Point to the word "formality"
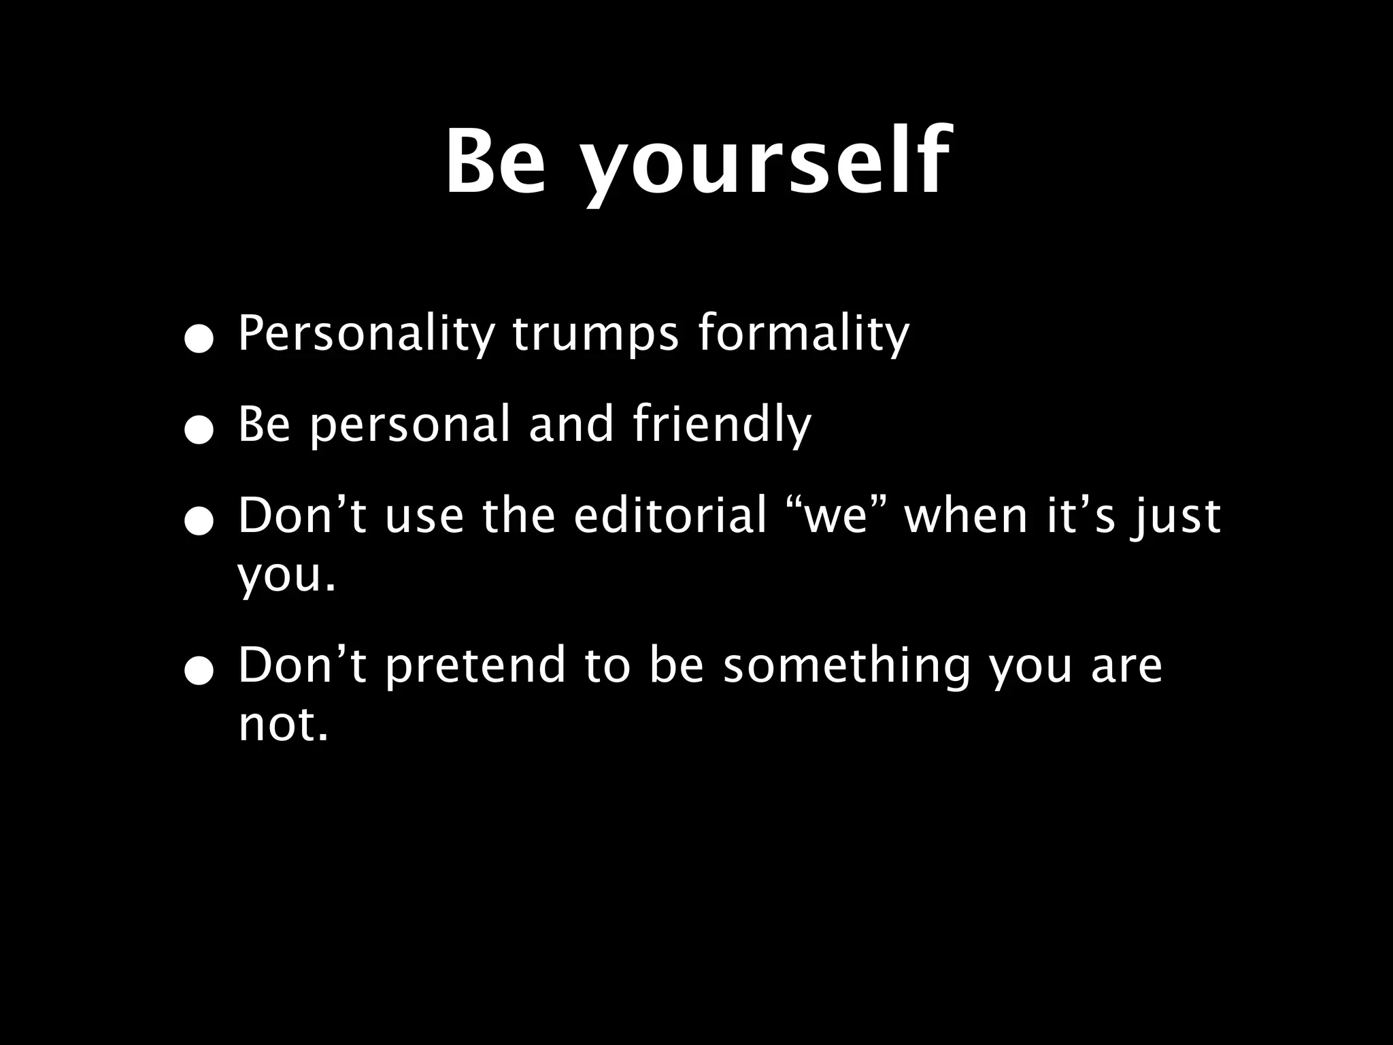tap(803, 335)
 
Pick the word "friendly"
tap(722, 425)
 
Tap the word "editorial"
tap(671, 516)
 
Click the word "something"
tap(847, 667)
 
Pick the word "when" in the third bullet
tap(966, 516)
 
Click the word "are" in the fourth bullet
tap(1126, 667)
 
